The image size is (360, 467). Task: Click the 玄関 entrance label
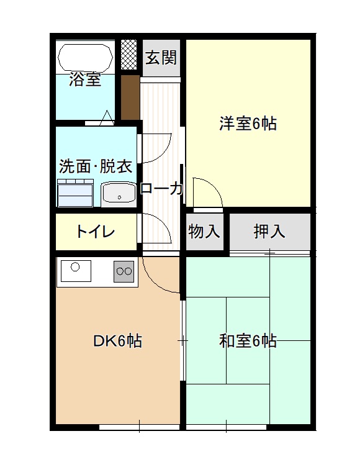click(x=161, y=58)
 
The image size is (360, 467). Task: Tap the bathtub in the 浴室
click(x=86, y=58)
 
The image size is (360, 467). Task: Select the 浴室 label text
click(x=85, y=79)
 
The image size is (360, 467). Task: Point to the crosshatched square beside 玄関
click(x=128, y=54)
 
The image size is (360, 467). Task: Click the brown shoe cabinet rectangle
click(x=130, y=97)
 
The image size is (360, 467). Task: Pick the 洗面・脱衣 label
click(x=96, y=166)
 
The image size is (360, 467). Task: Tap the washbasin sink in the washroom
click(x=119, y=194)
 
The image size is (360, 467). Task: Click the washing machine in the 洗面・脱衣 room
click(x=75, y=193)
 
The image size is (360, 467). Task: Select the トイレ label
click(x=96, y=232)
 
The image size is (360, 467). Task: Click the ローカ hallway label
click(x=161, y=189)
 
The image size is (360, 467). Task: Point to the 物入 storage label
click(x=204, y=231)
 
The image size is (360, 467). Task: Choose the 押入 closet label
click(x=269, y=231)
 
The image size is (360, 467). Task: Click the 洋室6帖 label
click(x=248, y=124)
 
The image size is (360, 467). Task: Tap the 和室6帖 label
click(x=248, y=341)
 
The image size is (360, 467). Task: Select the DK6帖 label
click(x=117, y=341)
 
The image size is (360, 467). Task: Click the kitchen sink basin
click(x=76, y=271)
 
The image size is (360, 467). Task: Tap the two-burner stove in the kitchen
click(x=124, y=271)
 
